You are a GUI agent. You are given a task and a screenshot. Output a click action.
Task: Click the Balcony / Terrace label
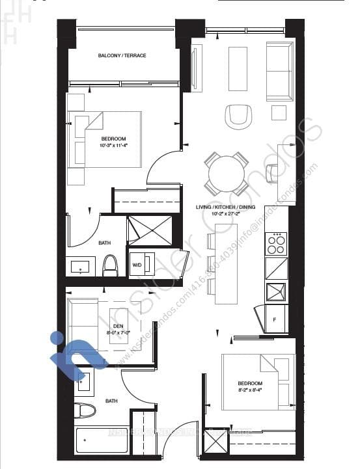point(122,56)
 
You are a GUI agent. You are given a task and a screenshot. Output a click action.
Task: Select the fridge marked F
point(275,319)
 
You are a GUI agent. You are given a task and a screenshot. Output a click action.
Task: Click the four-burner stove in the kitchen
point(276,244)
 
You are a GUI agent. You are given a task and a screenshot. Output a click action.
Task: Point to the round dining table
point(226,173)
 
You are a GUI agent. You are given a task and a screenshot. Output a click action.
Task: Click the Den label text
point(118,327)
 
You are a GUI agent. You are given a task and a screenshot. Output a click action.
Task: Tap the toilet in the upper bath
point(110,265)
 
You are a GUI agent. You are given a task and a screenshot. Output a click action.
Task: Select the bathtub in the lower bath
point(98,441)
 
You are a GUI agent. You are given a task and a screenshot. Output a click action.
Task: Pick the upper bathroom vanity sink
point(81,267)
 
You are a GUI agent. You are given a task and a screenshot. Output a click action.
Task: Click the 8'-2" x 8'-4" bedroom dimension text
point(249,390)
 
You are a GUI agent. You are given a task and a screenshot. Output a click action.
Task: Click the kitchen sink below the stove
point(276,289)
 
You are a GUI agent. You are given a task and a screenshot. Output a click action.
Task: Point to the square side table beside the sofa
point(279,113)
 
